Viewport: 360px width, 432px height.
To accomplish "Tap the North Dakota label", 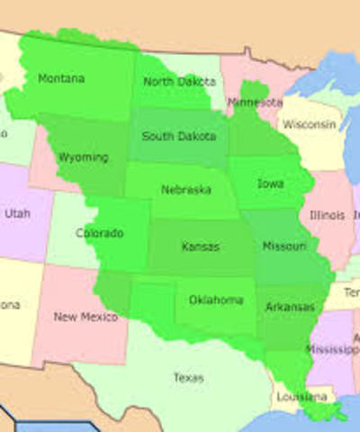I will (x=178, y=82).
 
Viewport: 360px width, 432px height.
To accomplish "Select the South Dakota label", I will (x=179, y=137).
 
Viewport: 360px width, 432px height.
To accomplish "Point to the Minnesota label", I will (x=254, y=103).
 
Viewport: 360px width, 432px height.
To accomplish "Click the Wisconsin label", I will (x=309, y=124).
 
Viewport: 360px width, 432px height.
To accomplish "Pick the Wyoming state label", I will (x=83, y=157).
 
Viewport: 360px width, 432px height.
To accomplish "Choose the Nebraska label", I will (x=186, y=190).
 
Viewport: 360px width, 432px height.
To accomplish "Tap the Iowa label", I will (x=270, y=184).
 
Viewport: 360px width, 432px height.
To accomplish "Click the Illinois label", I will (x=327, y=216).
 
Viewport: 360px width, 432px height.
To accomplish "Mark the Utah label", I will (x=17, y=214).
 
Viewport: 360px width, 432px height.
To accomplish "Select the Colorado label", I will (x=99, y=233).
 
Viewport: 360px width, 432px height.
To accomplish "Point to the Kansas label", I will (x=200, y=246).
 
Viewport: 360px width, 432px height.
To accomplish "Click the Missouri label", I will (x=283, y=246).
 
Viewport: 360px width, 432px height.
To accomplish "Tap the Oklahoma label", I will (x=216, y=300).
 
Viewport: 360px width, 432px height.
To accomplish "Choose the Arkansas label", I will (x=290, y=308).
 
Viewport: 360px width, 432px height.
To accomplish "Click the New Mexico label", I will (x=85, y=317).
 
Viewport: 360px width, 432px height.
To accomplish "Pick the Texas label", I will (x=189, y=378).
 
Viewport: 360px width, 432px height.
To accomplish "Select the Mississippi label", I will (x=331, y=348).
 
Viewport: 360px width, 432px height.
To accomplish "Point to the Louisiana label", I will (x=302, y=397).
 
